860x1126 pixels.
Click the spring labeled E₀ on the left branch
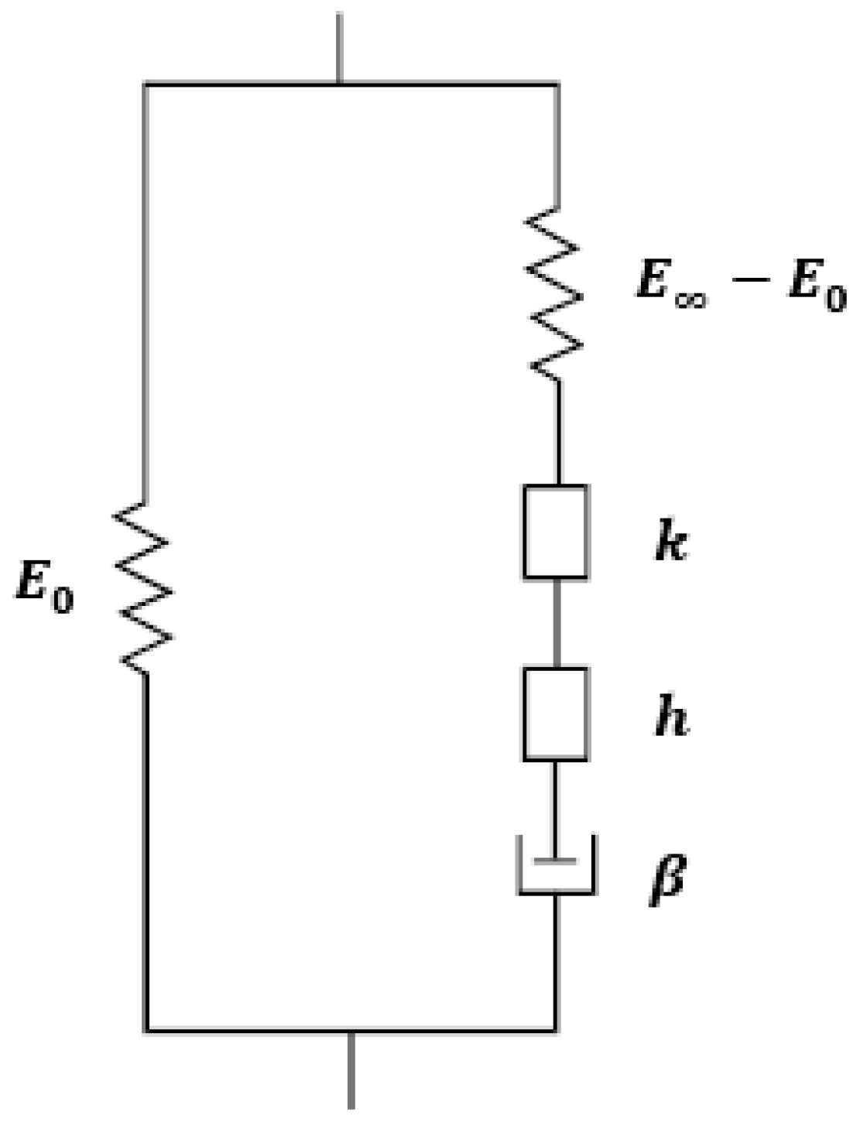(x=144, y=587)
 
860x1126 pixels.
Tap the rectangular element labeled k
(x=555, y=532)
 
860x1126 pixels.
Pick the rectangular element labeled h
(x=555, y=714)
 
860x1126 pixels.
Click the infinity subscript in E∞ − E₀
(x=688, y=299)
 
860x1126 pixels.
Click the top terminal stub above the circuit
(x=338, y=46)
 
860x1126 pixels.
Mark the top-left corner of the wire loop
(x=145, y=82)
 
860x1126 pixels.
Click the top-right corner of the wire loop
(x=557, y=82)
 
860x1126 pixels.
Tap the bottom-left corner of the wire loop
(x=146, y=1030)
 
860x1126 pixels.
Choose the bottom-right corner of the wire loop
(x=556, y=1030)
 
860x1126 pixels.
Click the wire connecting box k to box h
(x=555, y=623)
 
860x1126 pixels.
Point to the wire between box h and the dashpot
(x=555, y=797)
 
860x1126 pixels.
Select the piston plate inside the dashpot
(x=556, y=860)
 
